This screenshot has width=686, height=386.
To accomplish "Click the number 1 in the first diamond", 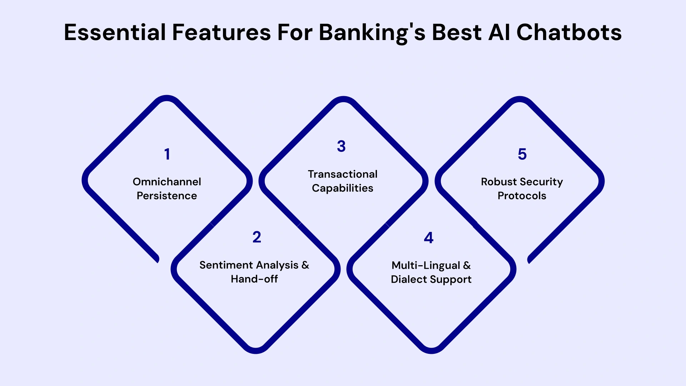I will tap(167, 154).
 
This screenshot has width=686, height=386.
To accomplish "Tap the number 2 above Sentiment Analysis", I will tap(257, 237).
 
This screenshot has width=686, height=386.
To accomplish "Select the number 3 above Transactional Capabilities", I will tap(341, 147).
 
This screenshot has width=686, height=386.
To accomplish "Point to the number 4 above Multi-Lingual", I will tap(428, 238).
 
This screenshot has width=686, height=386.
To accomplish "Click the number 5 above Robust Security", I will tap(522, 154).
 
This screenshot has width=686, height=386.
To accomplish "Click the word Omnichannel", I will tap(167, 182).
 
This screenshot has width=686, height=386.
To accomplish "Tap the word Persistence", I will tap(167, 196).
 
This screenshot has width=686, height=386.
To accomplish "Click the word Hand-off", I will tap(254, 279).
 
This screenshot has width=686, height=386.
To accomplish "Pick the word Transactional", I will tap(343, 174).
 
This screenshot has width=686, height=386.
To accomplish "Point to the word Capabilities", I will tap(342, 188).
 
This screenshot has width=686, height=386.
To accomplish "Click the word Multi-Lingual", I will tap(426, 266).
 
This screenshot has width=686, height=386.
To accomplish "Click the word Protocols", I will tap(522, 196).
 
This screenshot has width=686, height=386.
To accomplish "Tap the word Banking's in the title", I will tap(372, 33).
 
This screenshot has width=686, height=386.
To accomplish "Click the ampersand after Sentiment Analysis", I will tap(305, 265).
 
